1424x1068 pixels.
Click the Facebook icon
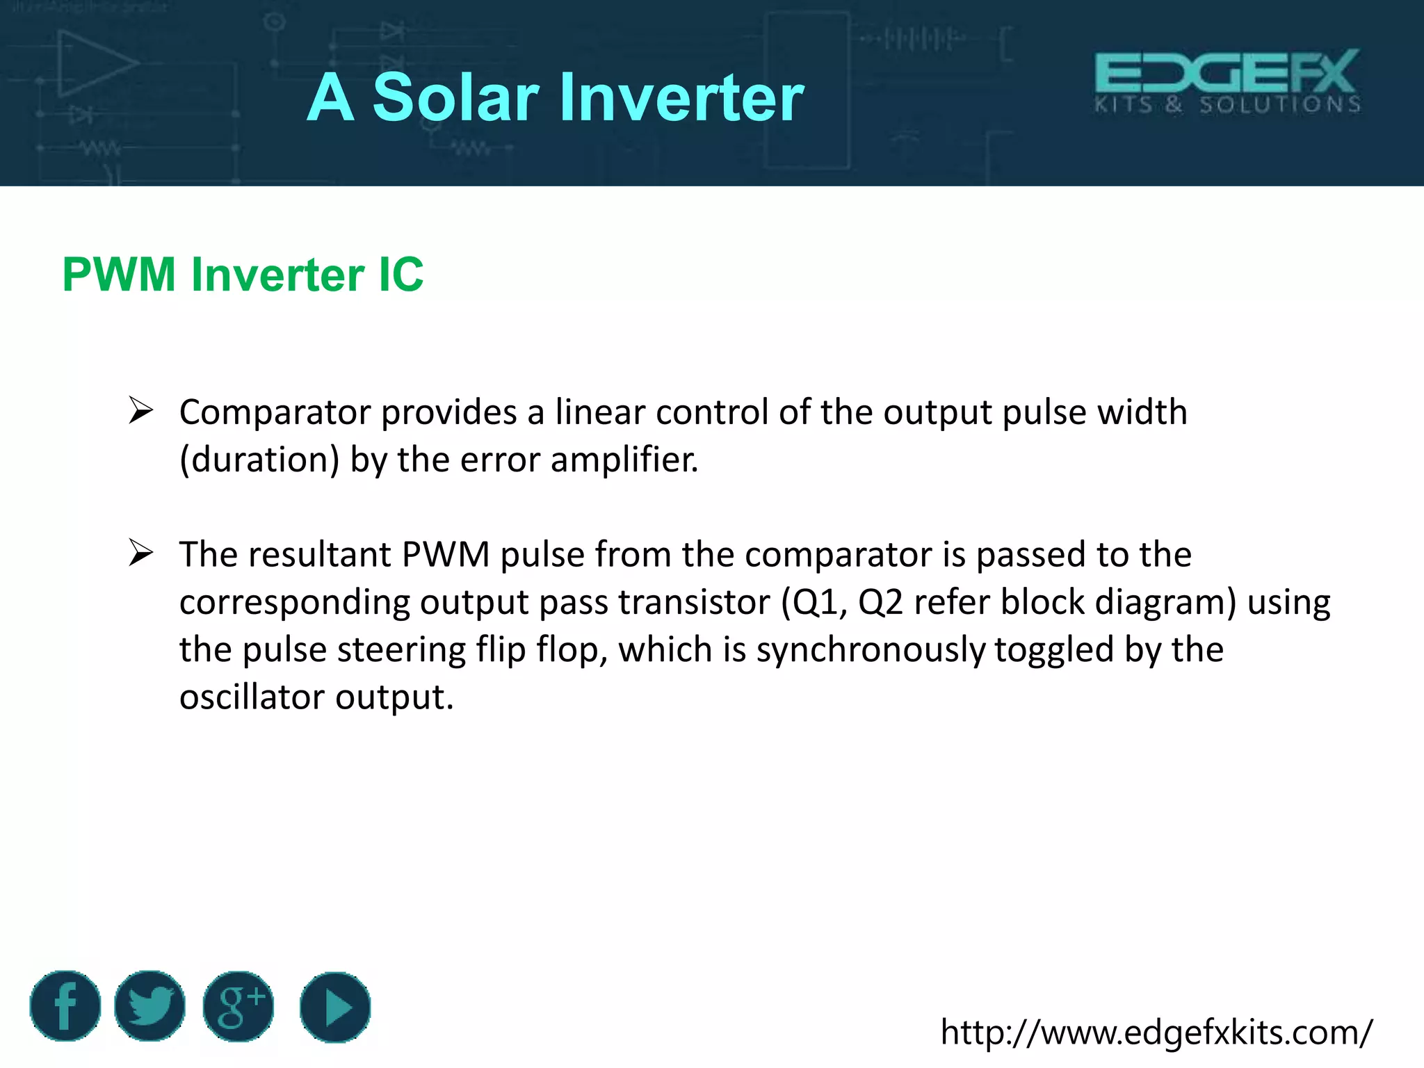click(65, 1006)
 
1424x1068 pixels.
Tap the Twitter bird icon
click(149, 1006)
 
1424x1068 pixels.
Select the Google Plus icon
click(238, 1006)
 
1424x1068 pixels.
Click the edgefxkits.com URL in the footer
click(1156, 1033)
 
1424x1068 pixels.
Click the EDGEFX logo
click(1227, 81)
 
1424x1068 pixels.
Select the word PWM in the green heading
click(119, 275)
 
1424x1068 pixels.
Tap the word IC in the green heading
click(400, 275)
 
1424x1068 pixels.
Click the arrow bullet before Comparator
click(140, 410)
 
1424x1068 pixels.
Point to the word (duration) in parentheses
click(259, 460)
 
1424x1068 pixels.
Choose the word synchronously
click(871, 650)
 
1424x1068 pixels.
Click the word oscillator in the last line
click(252, 697)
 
